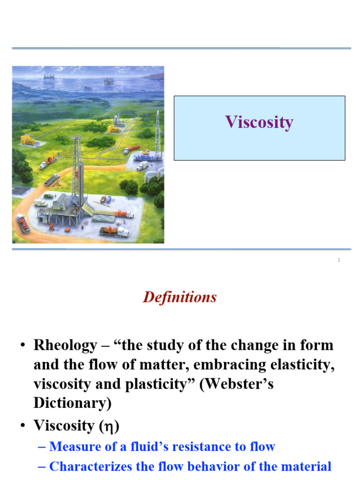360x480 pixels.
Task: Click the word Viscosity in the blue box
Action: pos(259,122)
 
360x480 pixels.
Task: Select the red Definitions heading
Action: pos(180,297)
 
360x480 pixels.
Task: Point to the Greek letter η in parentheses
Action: pos(108,426)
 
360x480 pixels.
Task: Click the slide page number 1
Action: pos(338,260)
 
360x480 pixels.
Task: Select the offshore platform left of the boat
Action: pos(48,75)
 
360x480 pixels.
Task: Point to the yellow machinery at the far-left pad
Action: pos(28,139)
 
